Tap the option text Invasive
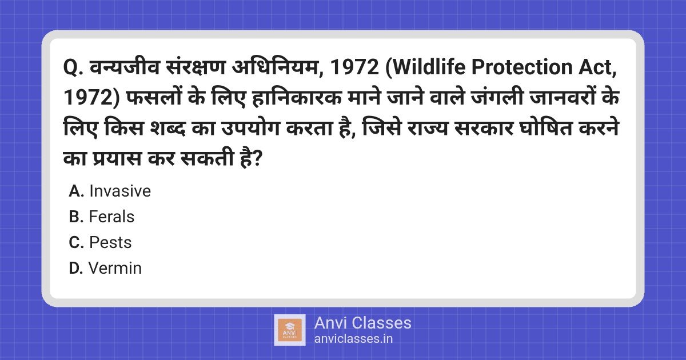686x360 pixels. tap(120, 191)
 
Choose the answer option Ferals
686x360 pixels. tap(111, 217)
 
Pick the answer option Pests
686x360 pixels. tap(110, 243)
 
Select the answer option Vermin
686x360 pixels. tap(115, 268)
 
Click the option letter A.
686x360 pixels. tap(76, 191)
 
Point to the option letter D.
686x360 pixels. tap(76, 268)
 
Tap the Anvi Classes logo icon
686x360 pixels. tap(289, 330)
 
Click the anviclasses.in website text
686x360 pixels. tap(353, 339)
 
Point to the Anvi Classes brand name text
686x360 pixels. tap(362, 323)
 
